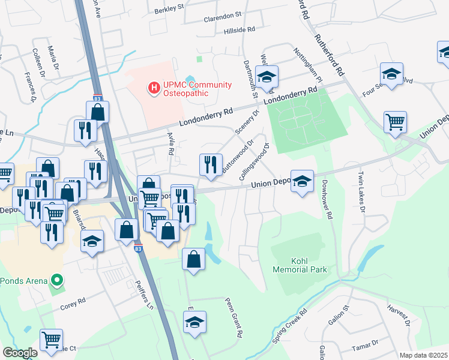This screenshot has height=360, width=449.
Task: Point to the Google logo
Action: (x=20, y=353)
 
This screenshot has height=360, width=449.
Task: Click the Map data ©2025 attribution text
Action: (x=423, y=355)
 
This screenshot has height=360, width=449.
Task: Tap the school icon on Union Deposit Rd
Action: (x=302, y=180)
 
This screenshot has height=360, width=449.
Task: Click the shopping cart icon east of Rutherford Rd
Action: (x=395, y=122)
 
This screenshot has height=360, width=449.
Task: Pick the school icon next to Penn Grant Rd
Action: (x=194, y=322)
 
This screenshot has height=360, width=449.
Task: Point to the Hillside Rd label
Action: (x=240, y=29)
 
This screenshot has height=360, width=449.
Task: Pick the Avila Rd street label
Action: (x=170, y=143)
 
